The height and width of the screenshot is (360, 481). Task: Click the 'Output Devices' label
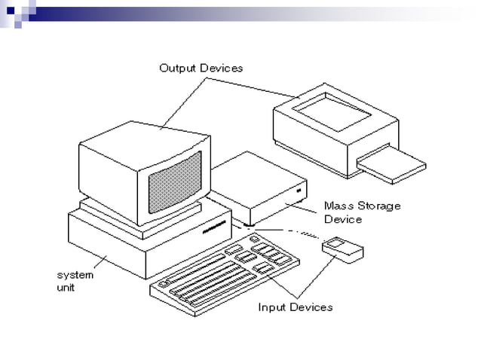pyautogui.click(x=201, y=68)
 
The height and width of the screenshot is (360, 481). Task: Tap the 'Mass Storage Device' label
pyautogui.click(x=362, y=212)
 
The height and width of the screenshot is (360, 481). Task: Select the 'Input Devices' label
pyautogui.click(x=295, y=307)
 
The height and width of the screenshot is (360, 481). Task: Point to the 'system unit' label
pyautogui.click(x=75, y=281)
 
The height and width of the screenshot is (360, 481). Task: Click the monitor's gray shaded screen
pyautogui.click(x=174, y=185)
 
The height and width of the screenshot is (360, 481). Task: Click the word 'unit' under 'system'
pyautogui.click(x=66, y=287)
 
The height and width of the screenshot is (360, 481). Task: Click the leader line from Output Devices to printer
pyautogui.click(x=256, y=86)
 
